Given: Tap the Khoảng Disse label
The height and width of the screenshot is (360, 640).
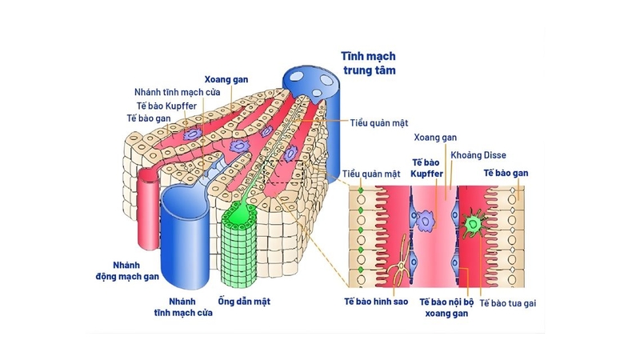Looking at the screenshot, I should (x=478, y=155).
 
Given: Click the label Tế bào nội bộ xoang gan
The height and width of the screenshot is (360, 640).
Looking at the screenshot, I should (x=442, y=308).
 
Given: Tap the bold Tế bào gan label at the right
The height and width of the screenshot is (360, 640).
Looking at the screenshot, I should (x=506, y=173).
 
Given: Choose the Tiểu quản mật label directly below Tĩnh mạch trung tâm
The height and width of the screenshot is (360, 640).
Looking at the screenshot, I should (x=379, y=124).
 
